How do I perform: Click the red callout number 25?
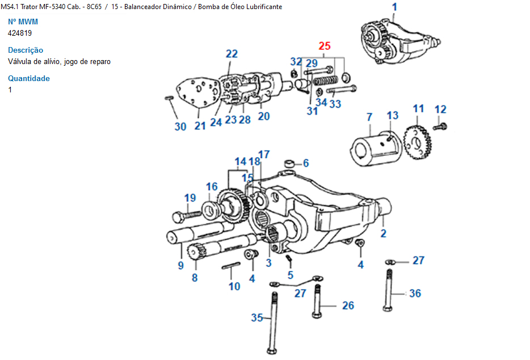coord(324,46)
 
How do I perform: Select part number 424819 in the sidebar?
coord(20,33)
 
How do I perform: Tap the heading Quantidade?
coord(29,78)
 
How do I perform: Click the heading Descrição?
coord(26,50)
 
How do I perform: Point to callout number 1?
coord(394,7)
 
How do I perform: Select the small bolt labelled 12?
coord(441,125)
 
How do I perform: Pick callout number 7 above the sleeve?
coord(369,117)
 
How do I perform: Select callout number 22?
coord(232,54)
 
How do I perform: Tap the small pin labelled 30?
coord(169,98)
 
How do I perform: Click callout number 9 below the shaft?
coord(181,265)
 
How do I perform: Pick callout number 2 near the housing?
coord(383,233)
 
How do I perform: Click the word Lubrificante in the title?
coord(262,7)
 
